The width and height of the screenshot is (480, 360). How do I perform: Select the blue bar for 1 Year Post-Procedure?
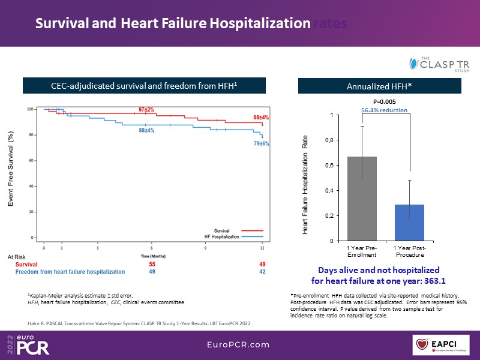[x=409, y=222]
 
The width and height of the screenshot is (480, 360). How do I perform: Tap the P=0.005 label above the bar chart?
[x=384, y=101]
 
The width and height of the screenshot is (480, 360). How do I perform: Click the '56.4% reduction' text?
[x=384, y=110]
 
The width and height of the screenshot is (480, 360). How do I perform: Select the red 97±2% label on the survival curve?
[x=146, y=110]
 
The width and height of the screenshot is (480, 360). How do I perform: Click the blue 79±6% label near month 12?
[x=261, y=144]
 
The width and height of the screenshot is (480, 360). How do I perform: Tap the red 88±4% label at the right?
[x=260, y=117]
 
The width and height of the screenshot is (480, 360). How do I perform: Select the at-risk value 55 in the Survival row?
[x=151, y=264]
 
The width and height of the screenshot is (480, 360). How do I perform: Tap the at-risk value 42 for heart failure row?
[x=262, y=272]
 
